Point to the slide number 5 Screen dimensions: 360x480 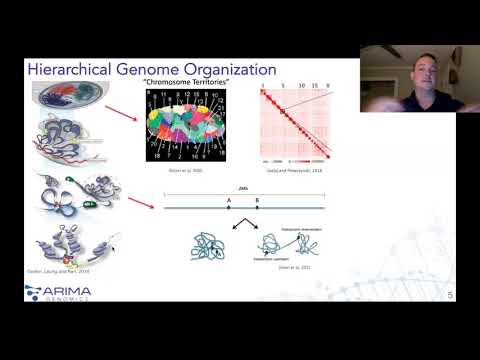[451, 294]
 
